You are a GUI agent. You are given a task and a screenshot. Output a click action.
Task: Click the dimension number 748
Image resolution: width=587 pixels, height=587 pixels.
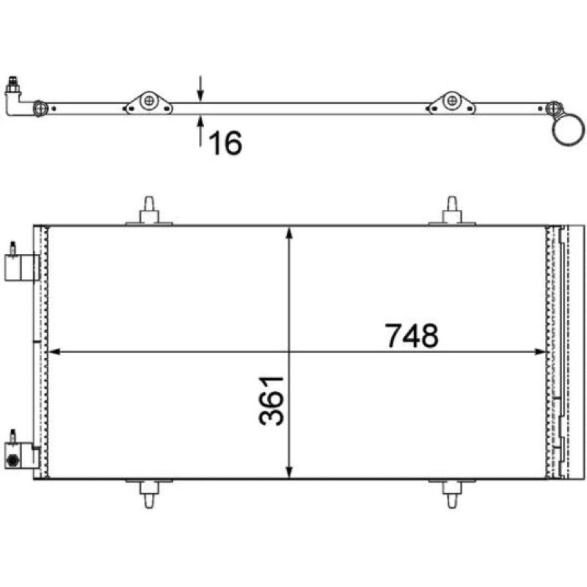[412, 335]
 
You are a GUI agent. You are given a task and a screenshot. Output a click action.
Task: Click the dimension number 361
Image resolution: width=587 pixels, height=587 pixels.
[271, 401]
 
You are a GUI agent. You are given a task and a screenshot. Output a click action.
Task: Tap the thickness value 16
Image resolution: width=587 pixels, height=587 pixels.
[225, 142]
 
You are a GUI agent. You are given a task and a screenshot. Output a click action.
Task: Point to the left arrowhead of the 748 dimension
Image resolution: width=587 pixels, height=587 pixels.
[54, 351]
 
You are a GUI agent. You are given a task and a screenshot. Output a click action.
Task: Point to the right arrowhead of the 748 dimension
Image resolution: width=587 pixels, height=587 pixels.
[540, 351]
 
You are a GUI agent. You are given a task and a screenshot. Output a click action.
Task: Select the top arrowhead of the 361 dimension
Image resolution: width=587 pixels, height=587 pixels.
[288, 232]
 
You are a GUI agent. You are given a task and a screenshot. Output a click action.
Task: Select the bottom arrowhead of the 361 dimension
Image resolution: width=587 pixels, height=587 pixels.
[288, 472]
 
